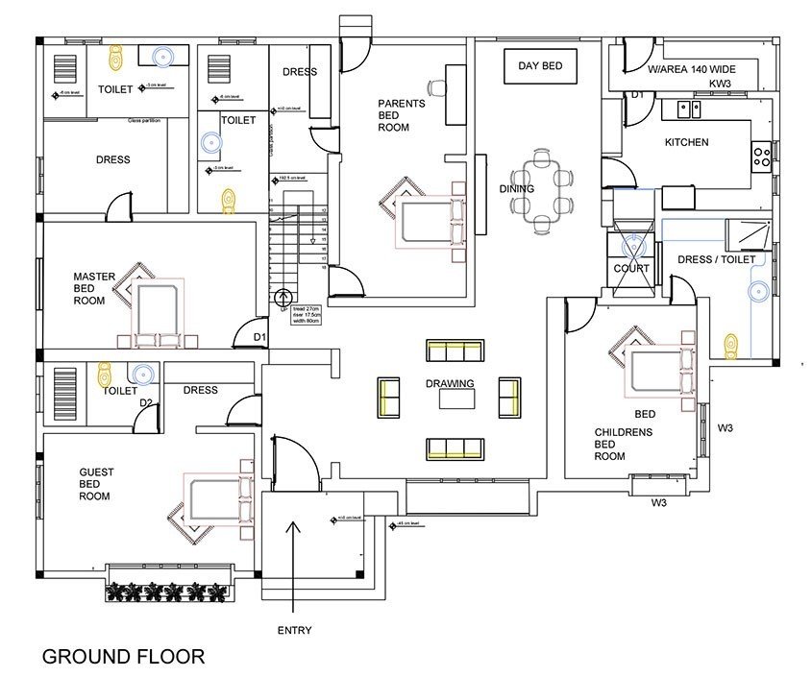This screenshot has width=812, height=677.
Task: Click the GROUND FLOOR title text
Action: click(123, 657)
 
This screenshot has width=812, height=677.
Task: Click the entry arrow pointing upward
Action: click(294, 567)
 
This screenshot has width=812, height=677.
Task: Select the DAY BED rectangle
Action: click(540, 66)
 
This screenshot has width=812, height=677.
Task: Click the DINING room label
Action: click(516, 189)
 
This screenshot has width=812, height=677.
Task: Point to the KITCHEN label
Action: click(686, 142)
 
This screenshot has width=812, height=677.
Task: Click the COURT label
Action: click(631, 269)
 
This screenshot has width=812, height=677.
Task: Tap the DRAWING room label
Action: click(451, 384)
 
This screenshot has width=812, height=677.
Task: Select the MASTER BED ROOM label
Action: click(94, 289)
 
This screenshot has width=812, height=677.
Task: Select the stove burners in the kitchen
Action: click(761, 155)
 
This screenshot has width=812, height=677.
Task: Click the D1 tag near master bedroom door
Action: click(258, 337)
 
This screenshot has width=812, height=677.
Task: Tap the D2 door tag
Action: click(145, 402)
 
